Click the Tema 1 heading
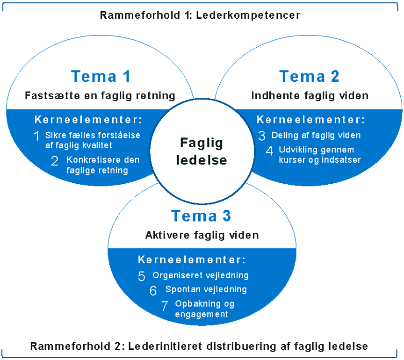pos(101,76)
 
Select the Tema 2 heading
pos(309,76)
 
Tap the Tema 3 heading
pos(201,216)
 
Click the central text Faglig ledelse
pos(202,151)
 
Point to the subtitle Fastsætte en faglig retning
pos(100,96)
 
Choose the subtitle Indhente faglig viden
pos(310,96)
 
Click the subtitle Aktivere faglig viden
pos(202,235)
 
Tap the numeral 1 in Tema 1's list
pos(36,136)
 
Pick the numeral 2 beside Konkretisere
pos(55,162)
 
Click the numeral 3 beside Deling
pos(262,136)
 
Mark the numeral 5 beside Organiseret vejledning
pos(142,276)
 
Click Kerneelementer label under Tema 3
pos(192,259)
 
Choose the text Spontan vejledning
pos(206,289)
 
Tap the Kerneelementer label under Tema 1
pos(88,119)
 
